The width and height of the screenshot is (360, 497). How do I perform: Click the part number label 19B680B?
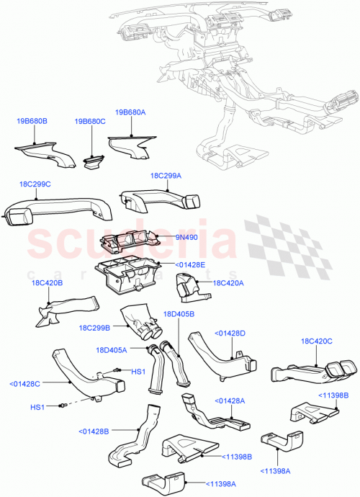[x=32, y=121]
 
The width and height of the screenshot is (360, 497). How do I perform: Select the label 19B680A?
[x=130, y=112]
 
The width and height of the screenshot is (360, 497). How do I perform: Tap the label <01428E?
[x=190, y=266]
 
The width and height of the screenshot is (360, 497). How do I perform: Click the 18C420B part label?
[x=46, y=284]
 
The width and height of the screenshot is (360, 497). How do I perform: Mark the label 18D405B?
[x=179, y=315]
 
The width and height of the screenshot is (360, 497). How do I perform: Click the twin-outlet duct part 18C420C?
[x=310, y=371]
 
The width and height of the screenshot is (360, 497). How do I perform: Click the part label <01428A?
[x=231, y=401]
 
